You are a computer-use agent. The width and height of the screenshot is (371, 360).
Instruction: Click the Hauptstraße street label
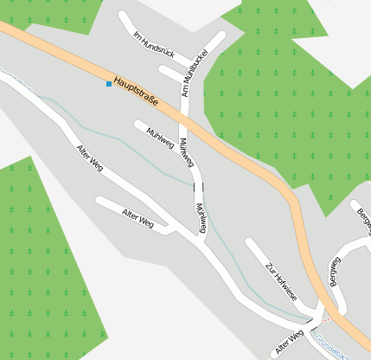135,92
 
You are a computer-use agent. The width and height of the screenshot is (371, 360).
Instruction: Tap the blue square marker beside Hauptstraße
109,84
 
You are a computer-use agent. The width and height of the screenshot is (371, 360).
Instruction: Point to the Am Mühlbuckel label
190,74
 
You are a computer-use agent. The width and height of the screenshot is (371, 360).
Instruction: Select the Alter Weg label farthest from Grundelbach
90,156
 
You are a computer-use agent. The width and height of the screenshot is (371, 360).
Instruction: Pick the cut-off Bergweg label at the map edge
363,217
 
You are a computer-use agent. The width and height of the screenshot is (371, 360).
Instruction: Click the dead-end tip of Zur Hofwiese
251,243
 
